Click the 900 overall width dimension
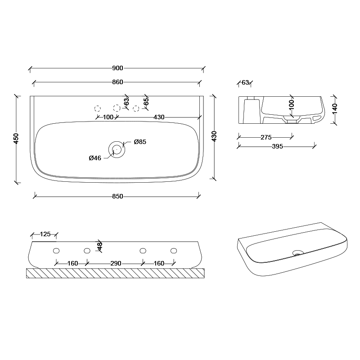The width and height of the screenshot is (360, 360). (117, 68)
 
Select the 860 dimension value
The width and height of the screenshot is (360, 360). (117, 82)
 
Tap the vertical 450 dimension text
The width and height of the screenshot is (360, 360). (16, 139)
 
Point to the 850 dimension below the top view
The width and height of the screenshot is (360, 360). (117, 196)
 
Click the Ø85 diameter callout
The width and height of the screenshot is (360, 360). (140, 142)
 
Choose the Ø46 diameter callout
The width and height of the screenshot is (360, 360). (94, 157)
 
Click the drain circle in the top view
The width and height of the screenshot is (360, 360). (116, 149)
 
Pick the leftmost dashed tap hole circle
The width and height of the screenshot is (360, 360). (97, 108)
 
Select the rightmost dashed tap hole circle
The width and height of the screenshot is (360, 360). (135, 108)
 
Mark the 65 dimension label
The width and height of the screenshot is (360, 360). (146, 102)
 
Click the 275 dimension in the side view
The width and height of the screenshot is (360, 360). (265, 137)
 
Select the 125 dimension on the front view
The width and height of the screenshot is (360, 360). (45, 234)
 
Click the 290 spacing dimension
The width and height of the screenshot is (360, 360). (115, 263)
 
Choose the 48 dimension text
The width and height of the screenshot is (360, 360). (100, 246)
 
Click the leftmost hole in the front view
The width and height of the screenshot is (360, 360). (56, 250)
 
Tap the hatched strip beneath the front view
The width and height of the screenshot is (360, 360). (116, 273)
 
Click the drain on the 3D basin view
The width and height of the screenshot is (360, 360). (297, 253)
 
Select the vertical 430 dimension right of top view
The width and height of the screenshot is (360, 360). (214, 136)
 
